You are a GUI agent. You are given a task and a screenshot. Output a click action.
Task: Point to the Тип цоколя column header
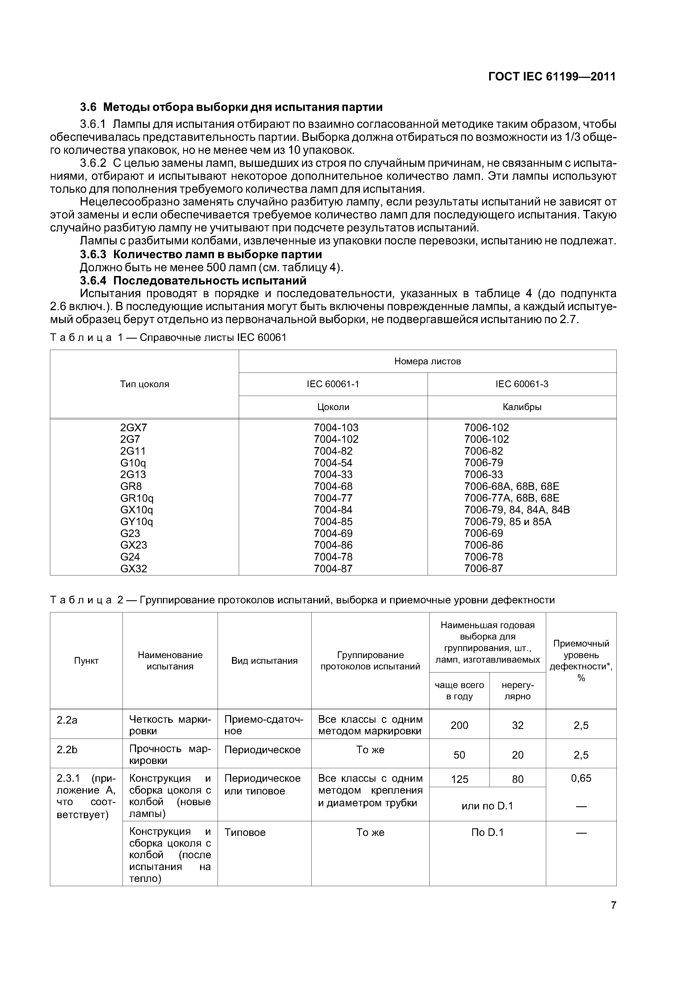click(145, 384)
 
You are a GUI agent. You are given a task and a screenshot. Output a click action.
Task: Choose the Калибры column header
click(522, 407)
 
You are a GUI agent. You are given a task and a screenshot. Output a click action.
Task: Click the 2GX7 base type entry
click(134, 428)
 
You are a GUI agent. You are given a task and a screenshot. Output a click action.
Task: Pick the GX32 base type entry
click(134, 569)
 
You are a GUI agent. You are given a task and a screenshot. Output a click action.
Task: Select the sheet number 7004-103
click(336, 428)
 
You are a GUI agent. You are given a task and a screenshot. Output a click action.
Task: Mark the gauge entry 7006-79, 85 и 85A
click(508, 522)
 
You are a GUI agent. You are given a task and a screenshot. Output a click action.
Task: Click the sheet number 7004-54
click(333, 463)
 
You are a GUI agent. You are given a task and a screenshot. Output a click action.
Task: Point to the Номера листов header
click(427, 361)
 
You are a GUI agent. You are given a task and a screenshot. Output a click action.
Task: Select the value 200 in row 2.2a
click(459, 725)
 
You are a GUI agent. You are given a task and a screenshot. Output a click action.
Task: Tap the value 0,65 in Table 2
click(581, 778)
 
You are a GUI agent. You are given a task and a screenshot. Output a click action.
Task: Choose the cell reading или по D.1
click(487, 806)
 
